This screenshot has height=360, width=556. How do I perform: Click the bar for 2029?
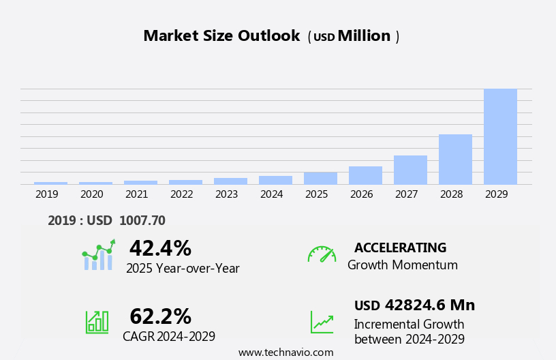pos(500,136)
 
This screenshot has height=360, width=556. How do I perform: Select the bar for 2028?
pos(455,159)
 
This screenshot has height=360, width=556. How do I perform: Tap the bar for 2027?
pos(410,170)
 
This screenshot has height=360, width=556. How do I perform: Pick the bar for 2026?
pos(365,175)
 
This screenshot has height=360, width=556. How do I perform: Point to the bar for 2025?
pos(320,178)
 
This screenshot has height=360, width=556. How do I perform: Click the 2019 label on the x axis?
pos(47,194)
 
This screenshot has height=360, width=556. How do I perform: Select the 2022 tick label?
pos(182,194)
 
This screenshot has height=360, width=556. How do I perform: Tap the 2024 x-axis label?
pos(272,194)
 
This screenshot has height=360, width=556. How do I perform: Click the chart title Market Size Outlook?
pos(221,36)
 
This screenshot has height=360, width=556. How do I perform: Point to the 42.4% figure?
pos(160,248)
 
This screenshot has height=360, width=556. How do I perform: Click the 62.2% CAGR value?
pos(160,316)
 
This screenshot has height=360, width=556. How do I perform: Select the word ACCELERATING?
pos(400,248)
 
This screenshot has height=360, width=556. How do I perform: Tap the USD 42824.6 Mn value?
pos(414,305)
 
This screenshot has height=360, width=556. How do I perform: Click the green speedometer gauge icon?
pos(322,254)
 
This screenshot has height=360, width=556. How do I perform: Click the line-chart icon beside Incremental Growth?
pos(322,322)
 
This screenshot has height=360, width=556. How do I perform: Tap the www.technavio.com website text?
pos(285,352)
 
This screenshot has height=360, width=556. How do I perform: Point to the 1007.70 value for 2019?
pos(142,220)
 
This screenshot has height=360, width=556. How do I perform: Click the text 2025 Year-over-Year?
pos(183,269)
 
